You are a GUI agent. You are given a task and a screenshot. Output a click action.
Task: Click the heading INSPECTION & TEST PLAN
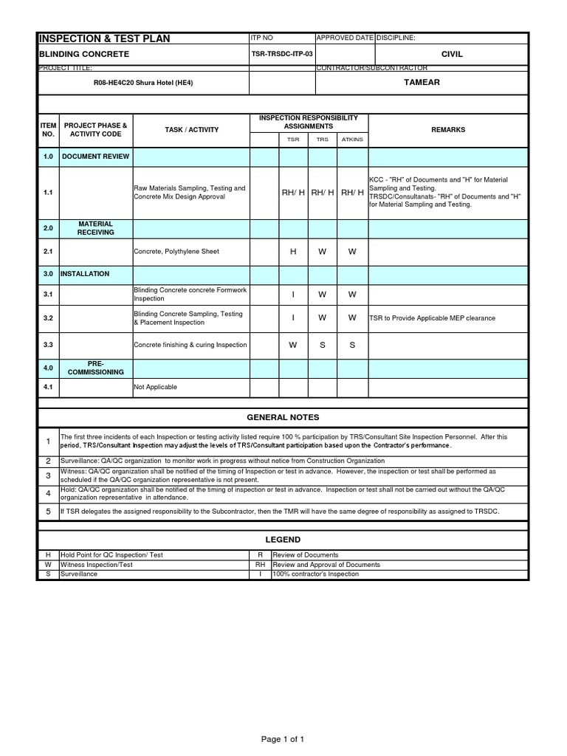pyautogui.click(x=104, y=38)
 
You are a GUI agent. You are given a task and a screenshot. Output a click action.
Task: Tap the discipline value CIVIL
pyautogui.click(x=452, y=55)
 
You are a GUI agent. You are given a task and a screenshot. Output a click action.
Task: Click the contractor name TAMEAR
pyautogui.click(x=422, y=82)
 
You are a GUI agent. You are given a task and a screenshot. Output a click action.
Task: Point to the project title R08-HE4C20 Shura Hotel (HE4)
pyautogui.click(x=143, y=83)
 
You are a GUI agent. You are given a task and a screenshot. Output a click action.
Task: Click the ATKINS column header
pyautogui.click(x=352, y=139)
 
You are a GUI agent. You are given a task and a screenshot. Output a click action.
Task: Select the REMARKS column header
pyautogui.click(x=448, y=130)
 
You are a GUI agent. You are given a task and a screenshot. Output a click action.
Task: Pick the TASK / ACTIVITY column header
pyautogui.click(x=192, y=130)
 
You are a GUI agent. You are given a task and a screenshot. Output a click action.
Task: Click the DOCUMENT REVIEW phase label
pyautogui.click(x=95, y=157)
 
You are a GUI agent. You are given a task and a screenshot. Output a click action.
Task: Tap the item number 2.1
pyautogui.click(x=48, y=252)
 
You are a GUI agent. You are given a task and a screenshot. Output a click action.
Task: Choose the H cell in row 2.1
pyautogui.click(x=293, y=252)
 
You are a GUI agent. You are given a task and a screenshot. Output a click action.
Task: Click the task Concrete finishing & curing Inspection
pyautogui.click(x=190, y=345)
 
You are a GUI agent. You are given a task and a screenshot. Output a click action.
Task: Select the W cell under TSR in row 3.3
pyautogui.click(x=293, y=345)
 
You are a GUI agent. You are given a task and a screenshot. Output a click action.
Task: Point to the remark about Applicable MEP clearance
pyautogui.click(x=433, y=318)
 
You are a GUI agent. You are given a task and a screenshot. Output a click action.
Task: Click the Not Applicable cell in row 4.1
pyautogui.click(x=155, y=387)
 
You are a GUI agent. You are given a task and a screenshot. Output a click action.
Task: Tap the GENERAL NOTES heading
pyautogui.click(x=283, y=418)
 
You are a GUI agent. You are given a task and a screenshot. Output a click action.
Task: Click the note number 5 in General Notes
pyautogui.click(x=48, y=511)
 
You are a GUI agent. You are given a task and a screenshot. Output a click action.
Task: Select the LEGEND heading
pyautogui.click(x=283, y=540)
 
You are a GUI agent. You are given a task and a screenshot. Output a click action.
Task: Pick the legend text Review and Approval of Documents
pyautogui.click(x=326, y=565)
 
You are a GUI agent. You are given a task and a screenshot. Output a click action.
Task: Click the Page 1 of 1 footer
pyautogui.click(x=283, y=739)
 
